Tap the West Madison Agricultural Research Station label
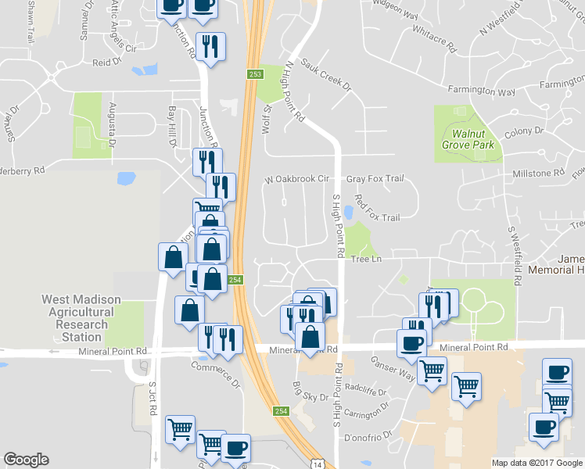coord(81,318)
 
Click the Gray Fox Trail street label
coord(375,179)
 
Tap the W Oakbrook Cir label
coord(296,179)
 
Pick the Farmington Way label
coord(486,91)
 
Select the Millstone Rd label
coord(537,173)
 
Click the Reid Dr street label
coord(108,62)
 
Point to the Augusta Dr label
coord(113,124)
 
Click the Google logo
coord(27,460)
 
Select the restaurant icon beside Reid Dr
coord(209,47)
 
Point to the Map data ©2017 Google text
coord(537,463)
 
